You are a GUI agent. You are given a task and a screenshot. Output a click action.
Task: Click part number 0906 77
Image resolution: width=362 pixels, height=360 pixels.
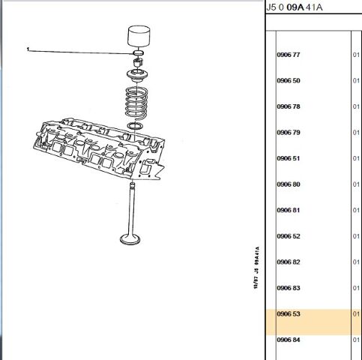point(289,55)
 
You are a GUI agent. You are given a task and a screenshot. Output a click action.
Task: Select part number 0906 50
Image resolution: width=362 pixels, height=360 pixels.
point(289,81)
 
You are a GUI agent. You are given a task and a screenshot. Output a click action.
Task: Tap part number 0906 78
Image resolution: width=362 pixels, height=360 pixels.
point(289,106)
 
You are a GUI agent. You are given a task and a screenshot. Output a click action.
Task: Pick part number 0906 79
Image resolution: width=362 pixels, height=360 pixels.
point(289,133)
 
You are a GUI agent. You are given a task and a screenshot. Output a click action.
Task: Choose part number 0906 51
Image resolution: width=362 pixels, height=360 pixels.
point(289,158)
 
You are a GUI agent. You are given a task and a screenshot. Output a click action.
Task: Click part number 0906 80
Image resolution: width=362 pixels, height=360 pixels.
point(289,184)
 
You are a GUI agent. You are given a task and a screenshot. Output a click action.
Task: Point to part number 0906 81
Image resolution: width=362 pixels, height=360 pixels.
point(289,210)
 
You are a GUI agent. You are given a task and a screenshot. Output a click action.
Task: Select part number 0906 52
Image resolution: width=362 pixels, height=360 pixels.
point(289,236)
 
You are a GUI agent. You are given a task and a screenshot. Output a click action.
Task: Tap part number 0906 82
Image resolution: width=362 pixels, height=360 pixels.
point(289,262)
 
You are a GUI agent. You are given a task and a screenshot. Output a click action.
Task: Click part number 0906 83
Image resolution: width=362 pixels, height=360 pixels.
point(289,288)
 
